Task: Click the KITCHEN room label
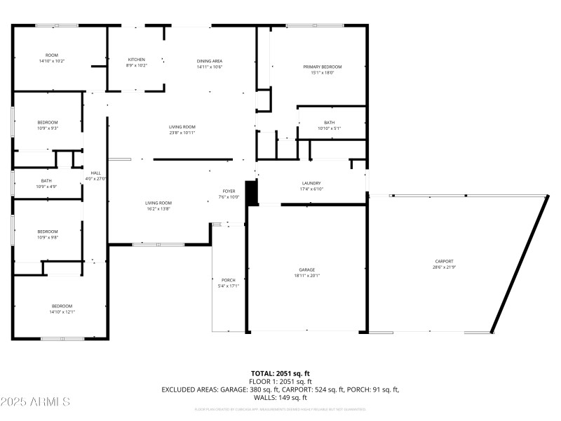point(136,60)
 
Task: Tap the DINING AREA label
point(209,61)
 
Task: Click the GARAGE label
point(306,270)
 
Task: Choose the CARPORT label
point(444,261)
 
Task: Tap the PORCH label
point(229,280)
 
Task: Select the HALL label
point(95,173)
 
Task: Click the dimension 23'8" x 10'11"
point(182,133)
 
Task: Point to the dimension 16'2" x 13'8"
point(158,209)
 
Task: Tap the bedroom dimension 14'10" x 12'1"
point(62,312)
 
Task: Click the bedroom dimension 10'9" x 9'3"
point(48,128)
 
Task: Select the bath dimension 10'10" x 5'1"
point(329,128)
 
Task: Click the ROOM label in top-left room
point(51,55)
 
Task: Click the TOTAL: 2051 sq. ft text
point(280,373)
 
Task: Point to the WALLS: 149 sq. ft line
point(280,397)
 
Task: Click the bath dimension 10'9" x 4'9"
point(48,187)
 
